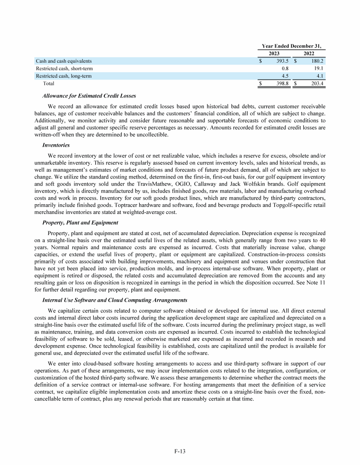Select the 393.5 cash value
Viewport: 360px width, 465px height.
(281, 61)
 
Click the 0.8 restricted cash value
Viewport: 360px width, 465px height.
(284, 68)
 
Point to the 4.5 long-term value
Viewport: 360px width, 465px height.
(284, 76)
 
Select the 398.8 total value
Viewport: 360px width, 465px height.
(281, 83)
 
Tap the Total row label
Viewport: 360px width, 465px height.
(48, 83)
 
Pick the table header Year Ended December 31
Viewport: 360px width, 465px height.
(293, 46)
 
